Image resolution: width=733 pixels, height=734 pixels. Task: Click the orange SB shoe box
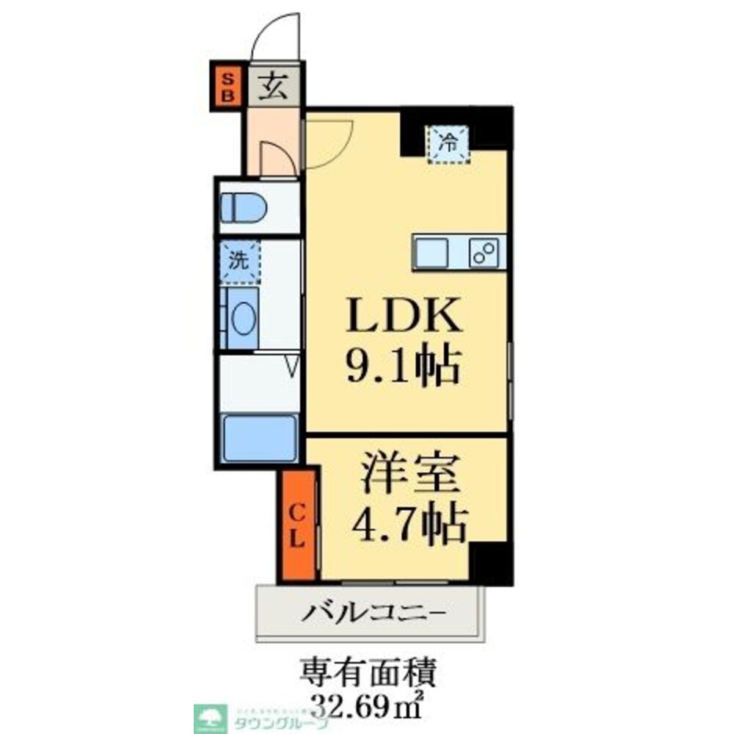227,87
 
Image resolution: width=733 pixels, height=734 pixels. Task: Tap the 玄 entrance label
273,87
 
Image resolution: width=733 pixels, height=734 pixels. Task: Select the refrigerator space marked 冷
448,141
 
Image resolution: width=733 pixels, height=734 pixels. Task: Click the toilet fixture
244,207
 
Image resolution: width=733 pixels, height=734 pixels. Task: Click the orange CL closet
296,526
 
